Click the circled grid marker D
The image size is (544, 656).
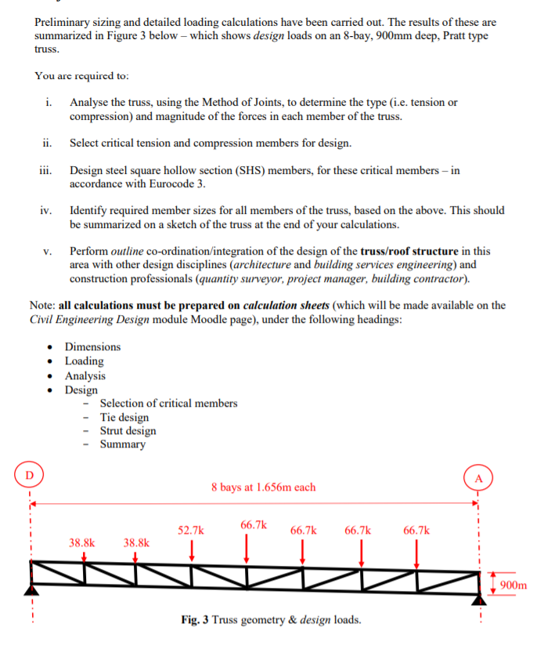click(30, 474)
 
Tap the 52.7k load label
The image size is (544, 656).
click(191, 531)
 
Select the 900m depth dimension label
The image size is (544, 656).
click(513, 585)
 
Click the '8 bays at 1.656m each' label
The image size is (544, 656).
click(263, 487)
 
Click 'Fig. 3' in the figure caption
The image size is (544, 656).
click(194, 620)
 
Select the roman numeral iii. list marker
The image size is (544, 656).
click(46, 170)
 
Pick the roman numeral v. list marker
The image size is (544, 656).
click(48, 252)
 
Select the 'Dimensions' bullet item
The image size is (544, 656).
click(92, 346)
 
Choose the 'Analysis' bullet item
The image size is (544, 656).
click(85, 375)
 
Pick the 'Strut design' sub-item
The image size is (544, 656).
click(128, 430)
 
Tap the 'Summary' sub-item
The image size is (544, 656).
click(122, 444)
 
